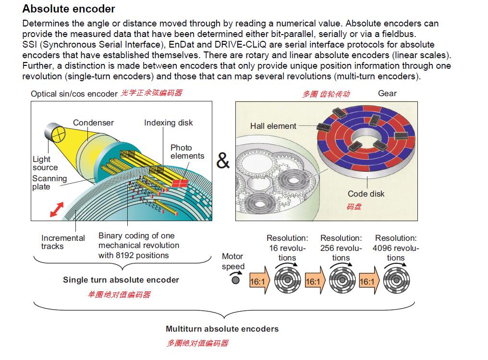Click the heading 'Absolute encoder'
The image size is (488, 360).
[x=69, y=9]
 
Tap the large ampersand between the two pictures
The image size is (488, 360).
[x=223, y=161]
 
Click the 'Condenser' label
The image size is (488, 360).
[x=93, y=123]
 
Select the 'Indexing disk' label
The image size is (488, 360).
[x=168, y=123]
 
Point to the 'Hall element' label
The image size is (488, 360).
[x=273, y=126]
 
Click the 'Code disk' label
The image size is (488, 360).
[x=366, y=194]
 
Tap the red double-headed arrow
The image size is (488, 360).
[x=56, y=210]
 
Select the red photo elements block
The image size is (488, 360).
[x=180, y=183]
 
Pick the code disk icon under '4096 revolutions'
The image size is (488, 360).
[x=396, y=281]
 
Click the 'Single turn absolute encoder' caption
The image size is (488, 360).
[x=121, y=280]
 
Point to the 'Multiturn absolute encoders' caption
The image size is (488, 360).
[x=222, y=329]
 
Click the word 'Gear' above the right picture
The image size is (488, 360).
[x=387, y=93]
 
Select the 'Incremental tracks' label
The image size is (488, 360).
[x=62, y=242]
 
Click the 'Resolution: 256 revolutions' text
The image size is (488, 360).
[x=341, y=248]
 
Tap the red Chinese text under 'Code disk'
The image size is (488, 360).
[x=354, y=207]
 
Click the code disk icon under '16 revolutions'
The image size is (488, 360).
[x=288, y=281]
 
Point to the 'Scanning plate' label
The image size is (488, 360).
[x=49, y=182]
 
